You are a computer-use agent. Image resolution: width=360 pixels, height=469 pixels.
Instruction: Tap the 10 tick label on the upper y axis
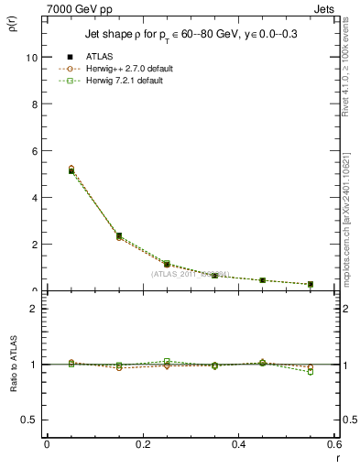33,57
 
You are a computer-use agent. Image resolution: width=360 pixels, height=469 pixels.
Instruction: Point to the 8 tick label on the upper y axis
36,104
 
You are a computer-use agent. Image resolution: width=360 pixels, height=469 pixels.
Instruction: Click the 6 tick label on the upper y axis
36,150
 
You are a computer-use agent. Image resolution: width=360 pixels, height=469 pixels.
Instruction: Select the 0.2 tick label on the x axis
142,444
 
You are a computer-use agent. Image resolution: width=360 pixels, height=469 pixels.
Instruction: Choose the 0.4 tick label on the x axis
238,444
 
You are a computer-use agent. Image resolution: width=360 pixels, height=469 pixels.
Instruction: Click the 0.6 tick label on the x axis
333,444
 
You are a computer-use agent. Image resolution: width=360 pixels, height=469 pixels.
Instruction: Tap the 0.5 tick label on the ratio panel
32,420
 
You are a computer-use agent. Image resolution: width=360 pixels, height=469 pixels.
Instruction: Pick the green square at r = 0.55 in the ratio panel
311,372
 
